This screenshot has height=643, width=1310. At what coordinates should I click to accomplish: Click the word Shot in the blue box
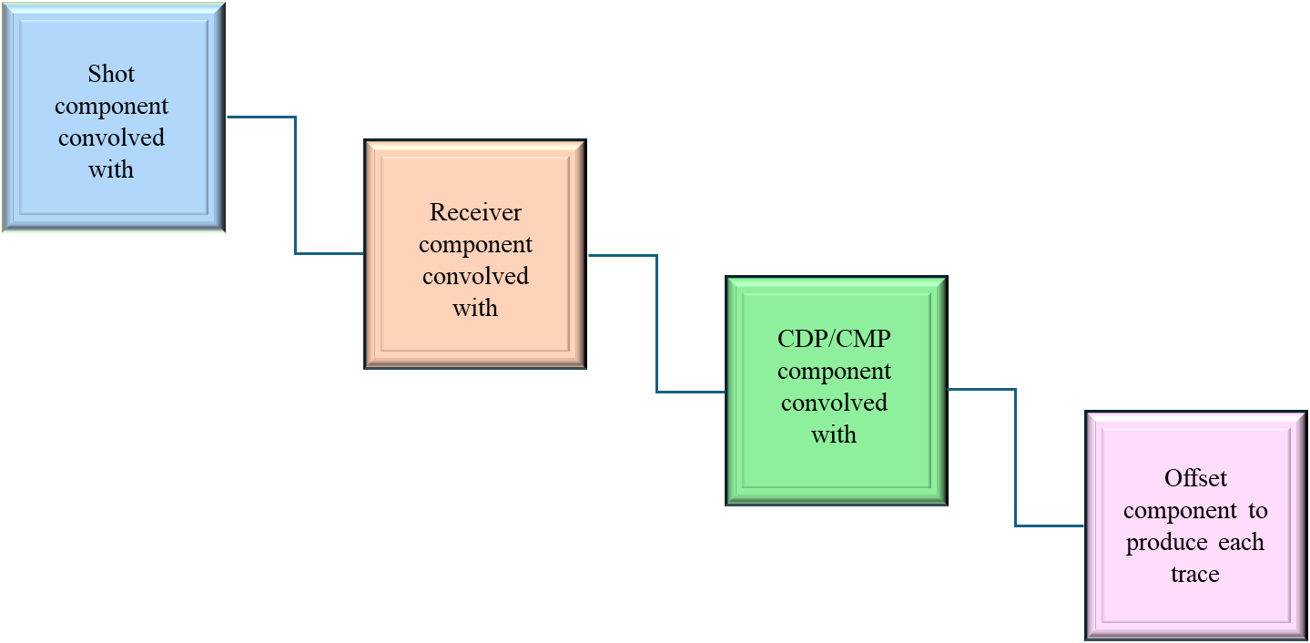111,74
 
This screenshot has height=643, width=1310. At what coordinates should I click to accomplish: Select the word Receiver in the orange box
475,212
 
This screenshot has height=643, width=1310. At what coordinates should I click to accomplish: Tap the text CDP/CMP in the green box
834,339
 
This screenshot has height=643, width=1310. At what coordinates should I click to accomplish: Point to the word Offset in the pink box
1195,478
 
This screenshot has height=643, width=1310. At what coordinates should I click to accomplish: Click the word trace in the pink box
1194,574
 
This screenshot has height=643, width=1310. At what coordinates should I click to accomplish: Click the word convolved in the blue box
111,138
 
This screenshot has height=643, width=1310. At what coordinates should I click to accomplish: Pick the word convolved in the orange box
475,276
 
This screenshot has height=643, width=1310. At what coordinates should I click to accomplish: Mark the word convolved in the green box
834,403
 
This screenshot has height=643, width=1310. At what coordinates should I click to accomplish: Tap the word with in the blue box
111,169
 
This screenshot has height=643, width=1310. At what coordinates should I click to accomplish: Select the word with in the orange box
475,308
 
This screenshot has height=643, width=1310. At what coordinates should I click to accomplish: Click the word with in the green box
834,434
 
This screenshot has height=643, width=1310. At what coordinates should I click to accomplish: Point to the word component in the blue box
111,106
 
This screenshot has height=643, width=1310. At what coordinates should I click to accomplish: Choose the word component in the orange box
475,244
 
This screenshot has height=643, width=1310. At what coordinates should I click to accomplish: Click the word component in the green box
834,371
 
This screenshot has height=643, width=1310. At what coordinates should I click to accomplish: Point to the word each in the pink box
1242,543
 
